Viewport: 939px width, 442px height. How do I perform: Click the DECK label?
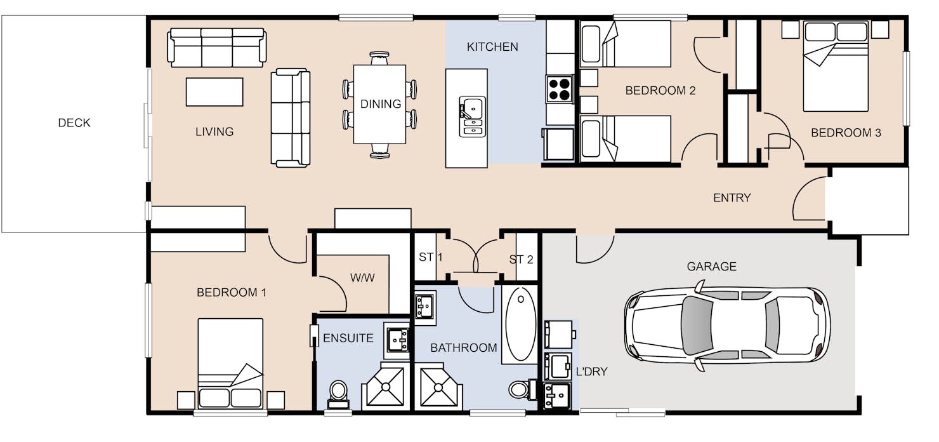(x=74, y=123)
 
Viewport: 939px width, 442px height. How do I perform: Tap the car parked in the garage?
(x=727, y=326)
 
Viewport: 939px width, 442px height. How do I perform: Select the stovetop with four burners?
(x=560, y=89)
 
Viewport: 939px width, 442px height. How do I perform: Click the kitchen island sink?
(x=473, y=117)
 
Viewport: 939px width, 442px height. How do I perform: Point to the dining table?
(x=380, y=104)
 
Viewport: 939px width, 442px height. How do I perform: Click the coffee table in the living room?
(x=214, y=91)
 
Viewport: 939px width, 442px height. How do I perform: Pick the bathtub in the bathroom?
(x=520, y=324)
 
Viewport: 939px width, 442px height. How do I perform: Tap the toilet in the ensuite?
(x=338, y=394)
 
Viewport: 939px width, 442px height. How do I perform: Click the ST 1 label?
(x=431, y=257)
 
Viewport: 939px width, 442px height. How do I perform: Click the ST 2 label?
(x=521, y=259)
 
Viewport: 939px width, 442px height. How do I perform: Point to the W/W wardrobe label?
(x=362, y=278)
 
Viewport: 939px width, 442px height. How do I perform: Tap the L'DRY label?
(x=591, y=372)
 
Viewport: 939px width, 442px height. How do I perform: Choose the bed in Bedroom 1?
(x=230, y=363)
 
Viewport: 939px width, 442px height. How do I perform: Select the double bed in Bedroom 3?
(x=836, y=66)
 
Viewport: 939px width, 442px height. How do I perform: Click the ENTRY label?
(x=732, y=198)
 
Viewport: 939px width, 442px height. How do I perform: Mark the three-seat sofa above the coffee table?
(x=217, y=48)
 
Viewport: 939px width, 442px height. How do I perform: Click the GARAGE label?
(x=711, y=267)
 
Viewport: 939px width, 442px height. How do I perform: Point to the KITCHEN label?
(x=492, y=46)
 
